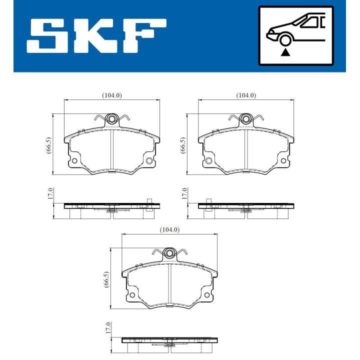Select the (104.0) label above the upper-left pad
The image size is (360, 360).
[112, 95]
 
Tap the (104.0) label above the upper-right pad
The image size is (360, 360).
[245, 95]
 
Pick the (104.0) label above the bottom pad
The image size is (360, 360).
[169, 229]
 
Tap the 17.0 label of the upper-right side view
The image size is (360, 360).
[184, 194]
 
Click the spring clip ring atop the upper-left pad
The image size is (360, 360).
[112, 119]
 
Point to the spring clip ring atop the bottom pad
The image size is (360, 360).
[169, 253]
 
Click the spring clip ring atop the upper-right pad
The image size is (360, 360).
[245, 119]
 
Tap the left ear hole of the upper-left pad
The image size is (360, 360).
[74, 161]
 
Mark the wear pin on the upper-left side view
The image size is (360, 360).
[149, 201]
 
